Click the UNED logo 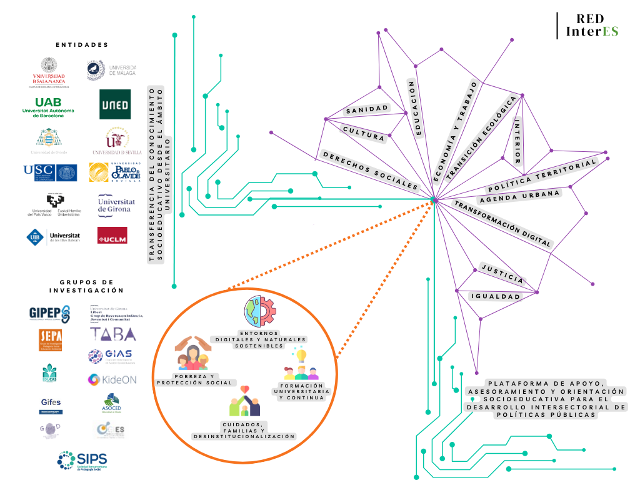116,104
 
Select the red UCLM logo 112,235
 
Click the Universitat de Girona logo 116,205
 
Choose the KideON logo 112,379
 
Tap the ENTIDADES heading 82,45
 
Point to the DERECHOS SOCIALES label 369,170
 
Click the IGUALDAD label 496,296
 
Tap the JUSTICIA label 502,273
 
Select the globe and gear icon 259,311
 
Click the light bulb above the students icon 301,356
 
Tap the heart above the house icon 245,389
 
